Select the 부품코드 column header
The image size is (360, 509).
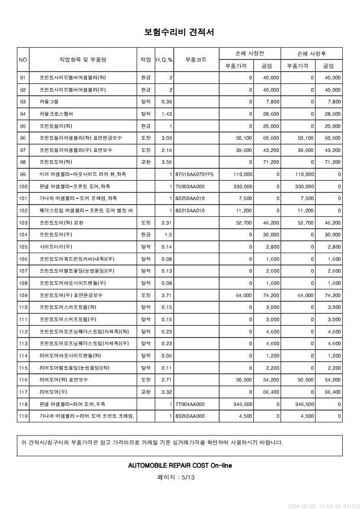coord(196,59)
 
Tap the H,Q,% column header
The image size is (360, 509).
coord(164,60)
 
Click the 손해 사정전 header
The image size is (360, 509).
coord(250,54)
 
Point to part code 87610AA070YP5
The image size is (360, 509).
coord(194,174)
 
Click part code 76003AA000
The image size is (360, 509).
coord(190,186)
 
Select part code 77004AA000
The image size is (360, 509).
coord(190,404)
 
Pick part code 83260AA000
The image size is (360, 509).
coord(190,416)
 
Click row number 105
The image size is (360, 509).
coord(23,247)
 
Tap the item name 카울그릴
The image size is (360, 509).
coord(49,102)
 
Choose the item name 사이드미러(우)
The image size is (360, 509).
coord(56,247)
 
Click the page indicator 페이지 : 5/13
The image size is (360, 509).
coord(176,477)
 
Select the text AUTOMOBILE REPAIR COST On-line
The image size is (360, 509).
coord(180,465)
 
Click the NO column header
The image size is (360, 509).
coord(23,59)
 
